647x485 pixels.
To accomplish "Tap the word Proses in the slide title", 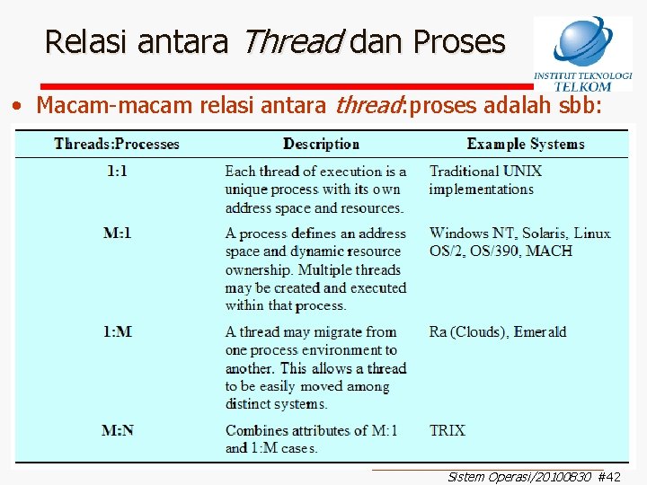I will tap(458, 41).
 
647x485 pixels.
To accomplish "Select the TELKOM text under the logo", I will tap(582, 87).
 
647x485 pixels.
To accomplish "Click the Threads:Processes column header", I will tap(117, 144).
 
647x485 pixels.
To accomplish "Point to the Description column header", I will tap(321, 144).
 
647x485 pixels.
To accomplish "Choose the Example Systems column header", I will tap(525, 144).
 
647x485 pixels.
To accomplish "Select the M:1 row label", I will tap(117, 234).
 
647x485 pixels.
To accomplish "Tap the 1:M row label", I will tap(117, 332).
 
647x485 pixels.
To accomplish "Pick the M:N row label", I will tap(118, 430).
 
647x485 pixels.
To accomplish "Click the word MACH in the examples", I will tap(548, 251).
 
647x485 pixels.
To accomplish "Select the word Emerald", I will tap(538, 332).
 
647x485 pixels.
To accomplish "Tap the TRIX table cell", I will tap(447, 430).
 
